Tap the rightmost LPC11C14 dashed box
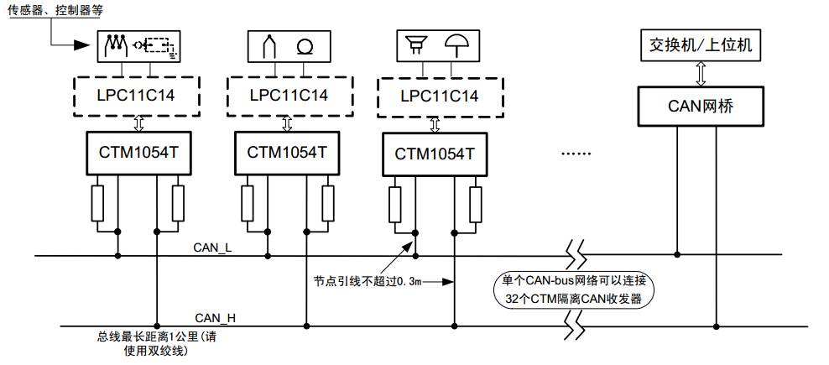pyautogui.click(x=435, y=96)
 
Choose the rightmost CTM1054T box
pyautogui.click(x=435, y=155)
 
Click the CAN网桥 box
pyautogui.click(x=701, y=106)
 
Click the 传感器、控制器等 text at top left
pyautogui.click(x=53, y=10)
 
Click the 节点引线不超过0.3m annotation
pyautogui.click(x=366, y=281)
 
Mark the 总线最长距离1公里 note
pyautogui.click(x=159, y=344)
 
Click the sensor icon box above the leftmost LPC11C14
pyautogui.click(x=139, y=46)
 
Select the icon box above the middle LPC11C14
pyautogui.click(x=287, y=46)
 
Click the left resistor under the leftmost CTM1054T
pyautogui.click(x=97, y=203)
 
